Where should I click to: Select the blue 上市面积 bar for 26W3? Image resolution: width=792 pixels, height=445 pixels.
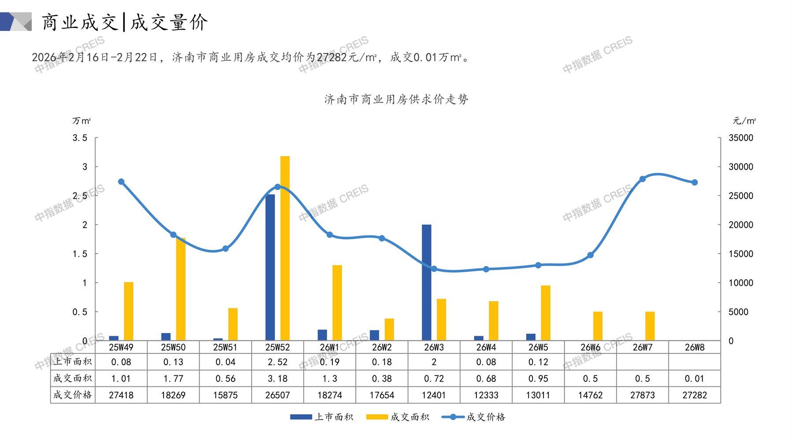pos(426,282)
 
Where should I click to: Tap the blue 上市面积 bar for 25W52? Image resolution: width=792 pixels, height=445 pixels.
pos(270,267)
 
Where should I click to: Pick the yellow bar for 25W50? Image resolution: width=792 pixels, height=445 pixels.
pos(181,289)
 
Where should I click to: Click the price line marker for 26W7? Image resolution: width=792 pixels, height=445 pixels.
pos(642,179)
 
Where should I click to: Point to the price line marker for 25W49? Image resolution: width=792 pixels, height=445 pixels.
pos(121,182)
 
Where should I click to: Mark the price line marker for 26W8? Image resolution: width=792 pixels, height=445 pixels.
pos(694,182)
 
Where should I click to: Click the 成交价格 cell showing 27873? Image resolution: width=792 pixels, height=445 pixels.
pos(642,395)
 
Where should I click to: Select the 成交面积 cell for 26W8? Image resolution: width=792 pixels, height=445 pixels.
pos(694,378)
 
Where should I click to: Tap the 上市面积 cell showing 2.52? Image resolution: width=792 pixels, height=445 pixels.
pos(277,362)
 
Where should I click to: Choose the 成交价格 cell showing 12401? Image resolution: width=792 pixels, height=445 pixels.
pos(434,395)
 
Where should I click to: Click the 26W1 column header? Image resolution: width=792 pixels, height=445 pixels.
pos(329,347)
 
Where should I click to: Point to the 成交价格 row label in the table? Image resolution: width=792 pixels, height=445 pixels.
pos(72,395)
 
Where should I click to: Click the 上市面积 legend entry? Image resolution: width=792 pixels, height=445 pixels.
pos(322,417)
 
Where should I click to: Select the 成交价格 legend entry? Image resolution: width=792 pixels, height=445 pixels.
pos(474,417)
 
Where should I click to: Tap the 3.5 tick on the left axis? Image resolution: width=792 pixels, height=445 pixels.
pos(80,138)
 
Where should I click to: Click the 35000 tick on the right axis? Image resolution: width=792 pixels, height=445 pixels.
pos(740,138)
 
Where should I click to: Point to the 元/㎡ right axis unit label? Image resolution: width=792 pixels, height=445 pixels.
pos(744,121)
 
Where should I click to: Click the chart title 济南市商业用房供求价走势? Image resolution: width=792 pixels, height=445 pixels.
pos(396,100)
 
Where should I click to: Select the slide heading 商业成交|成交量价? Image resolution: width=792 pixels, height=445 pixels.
pos(124,22)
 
